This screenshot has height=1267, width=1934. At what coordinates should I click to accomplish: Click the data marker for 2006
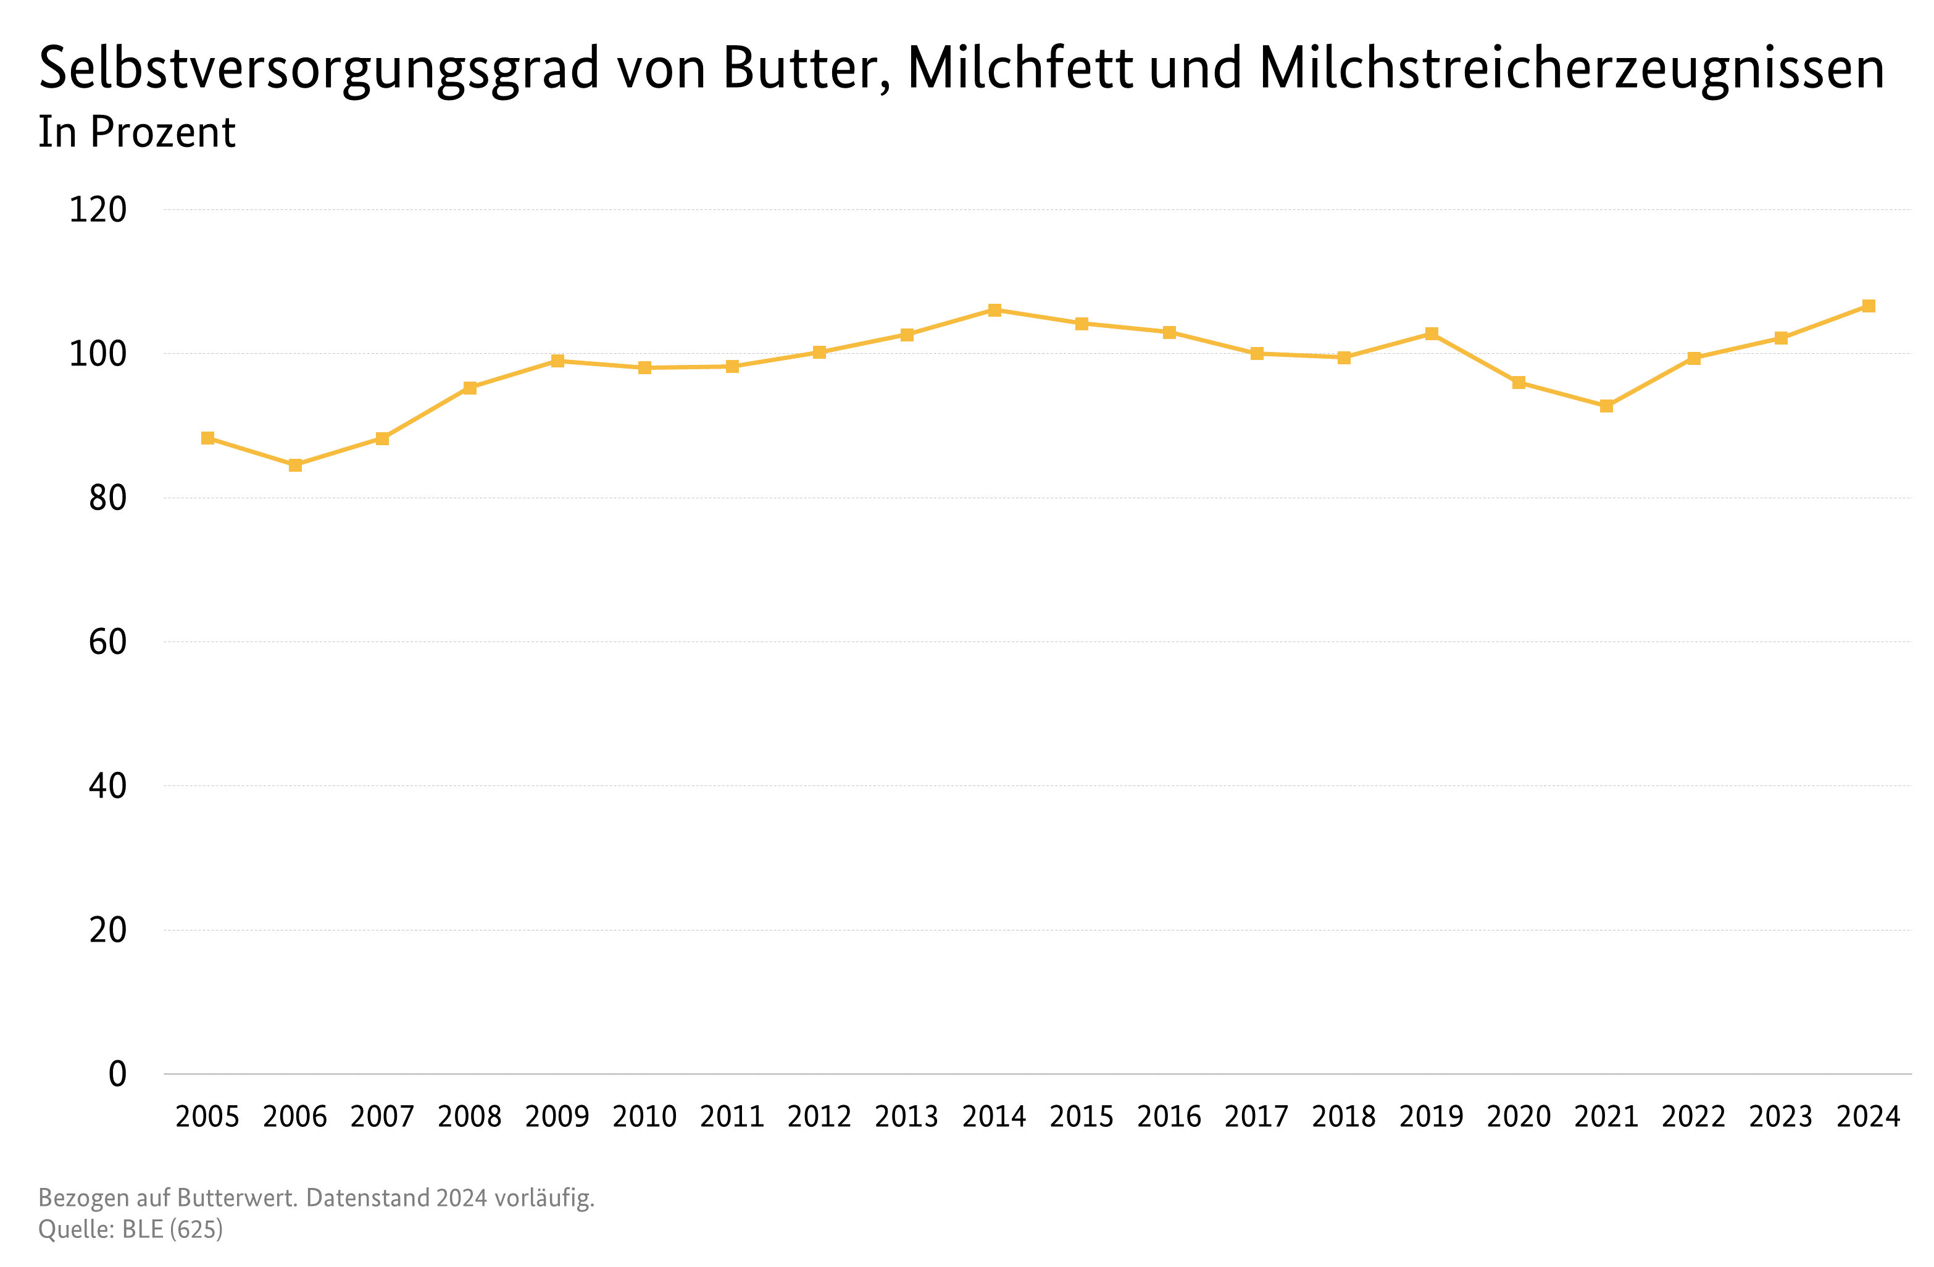295,465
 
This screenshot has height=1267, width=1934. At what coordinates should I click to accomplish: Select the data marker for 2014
994,309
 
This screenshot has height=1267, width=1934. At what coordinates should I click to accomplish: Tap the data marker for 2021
1606,406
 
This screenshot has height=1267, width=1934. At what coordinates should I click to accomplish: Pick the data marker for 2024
1868,306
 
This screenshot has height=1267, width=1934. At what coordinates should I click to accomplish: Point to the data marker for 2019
1431,333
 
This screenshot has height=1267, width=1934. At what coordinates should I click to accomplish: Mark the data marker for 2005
208,438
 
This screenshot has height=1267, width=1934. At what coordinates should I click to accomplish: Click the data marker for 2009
557,361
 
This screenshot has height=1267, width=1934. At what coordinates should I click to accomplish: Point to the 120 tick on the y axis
98,210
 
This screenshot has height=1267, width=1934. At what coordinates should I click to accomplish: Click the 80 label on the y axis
107,498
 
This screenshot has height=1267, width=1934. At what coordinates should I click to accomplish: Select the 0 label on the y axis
118,1074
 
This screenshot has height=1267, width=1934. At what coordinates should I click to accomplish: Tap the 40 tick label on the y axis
107,786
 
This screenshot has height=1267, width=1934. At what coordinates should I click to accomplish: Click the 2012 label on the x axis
819,1116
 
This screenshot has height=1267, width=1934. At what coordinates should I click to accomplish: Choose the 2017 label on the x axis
1256,1116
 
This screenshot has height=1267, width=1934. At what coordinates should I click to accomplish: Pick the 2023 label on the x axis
1780,1116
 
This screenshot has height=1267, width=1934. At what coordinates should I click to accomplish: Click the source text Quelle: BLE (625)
130,1229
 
